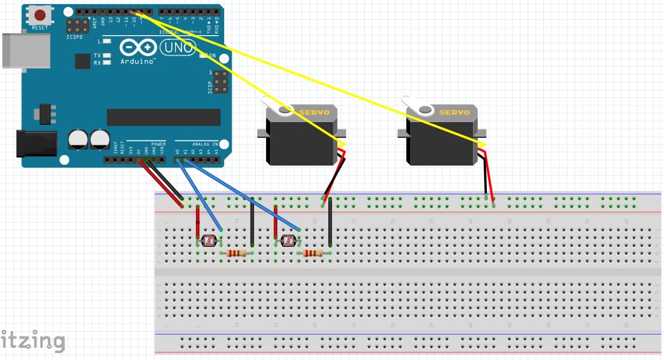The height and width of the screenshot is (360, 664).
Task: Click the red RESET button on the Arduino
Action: (41, 15)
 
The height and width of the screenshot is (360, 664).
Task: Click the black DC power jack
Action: (34, 143)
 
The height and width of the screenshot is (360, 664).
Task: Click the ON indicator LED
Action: (204, 56)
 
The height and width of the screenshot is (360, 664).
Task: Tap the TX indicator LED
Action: (107, 55)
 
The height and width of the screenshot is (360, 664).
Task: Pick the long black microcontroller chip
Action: (163, 117)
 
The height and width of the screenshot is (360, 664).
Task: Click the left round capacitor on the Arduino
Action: (79, 139)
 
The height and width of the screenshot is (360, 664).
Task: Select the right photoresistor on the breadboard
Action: (288, 241)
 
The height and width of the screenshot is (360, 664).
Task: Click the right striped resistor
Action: (313, 254)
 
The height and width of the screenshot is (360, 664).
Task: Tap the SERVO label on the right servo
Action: (454, 112)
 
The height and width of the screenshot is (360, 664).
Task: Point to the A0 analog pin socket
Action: (178, 160)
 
